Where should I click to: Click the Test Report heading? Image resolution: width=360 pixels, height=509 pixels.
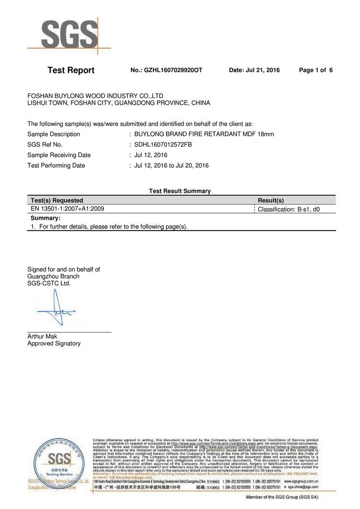click(x=71, y=70)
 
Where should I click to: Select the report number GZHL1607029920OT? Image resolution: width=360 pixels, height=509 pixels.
click(x=166, y=70)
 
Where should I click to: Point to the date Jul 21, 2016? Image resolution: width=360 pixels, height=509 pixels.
click(x=254, y=70)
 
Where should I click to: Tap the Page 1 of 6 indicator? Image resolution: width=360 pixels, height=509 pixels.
click(x=315, y=70)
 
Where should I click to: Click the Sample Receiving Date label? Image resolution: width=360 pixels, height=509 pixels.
click(x=59, y=155)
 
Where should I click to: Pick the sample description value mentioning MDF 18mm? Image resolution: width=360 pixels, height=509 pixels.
click(x=204, y=134)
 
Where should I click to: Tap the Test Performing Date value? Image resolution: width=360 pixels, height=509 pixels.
click(x=171, y=165)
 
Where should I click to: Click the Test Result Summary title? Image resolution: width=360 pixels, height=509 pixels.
click(x=180, y=191)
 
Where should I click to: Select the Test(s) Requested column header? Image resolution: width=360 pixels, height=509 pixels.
click(x=57, y=200)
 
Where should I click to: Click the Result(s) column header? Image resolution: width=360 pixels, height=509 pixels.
click(x=270, y=200)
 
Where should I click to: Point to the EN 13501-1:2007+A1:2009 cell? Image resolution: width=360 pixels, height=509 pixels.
click(x=67, y=209)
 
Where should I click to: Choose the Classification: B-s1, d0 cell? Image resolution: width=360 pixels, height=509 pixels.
click(x=288, y=209)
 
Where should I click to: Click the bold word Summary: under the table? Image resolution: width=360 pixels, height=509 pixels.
click(x=45, y=218)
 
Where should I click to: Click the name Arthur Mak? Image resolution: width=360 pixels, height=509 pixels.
click(x=42, y=336)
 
